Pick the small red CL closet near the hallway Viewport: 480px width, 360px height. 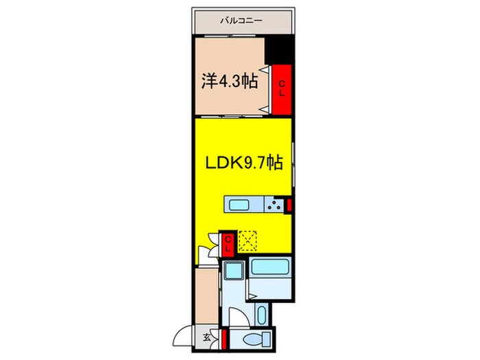(x=228, y=243)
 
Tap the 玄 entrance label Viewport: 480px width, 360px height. (x=206, y=337)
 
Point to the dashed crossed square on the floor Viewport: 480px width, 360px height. (x=248, y=241)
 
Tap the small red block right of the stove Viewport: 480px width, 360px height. (x=290, y=204)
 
